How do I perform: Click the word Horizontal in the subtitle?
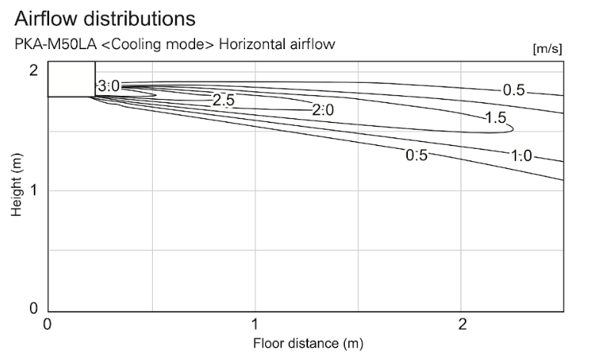(x=252, y=45)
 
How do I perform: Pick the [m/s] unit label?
(x=547, y=49)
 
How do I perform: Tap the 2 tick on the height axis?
(x=34, y=70)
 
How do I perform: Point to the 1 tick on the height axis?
(x=34, y=190)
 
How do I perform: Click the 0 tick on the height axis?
(x=34, y=309)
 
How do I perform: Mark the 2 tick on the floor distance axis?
(x=462, y=324)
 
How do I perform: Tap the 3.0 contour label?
(x=108, y=86)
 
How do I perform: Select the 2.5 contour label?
(x=223, y=100)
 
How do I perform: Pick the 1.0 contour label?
(x=521, y=156)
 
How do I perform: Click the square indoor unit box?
(x=71, y=79)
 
